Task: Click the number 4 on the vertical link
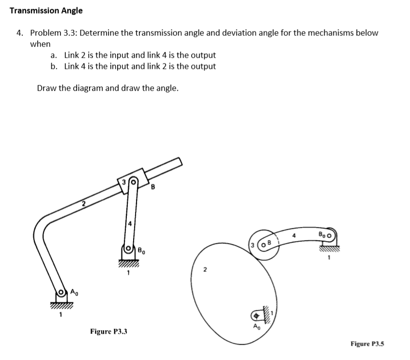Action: click(129, 224)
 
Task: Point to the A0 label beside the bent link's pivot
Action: click(74, 292)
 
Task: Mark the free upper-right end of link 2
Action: click(179, 161)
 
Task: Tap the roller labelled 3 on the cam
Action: click(260, 244)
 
